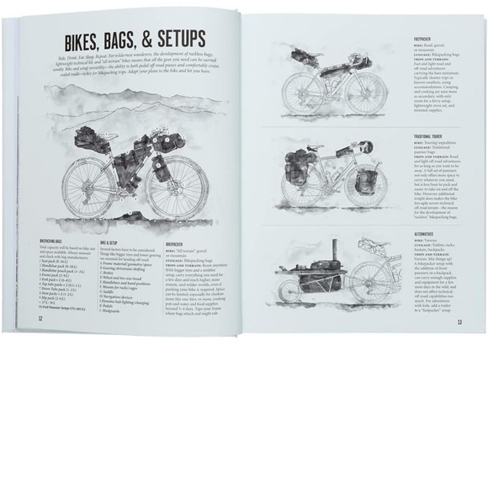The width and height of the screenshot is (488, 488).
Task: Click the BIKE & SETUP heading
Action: [x=113, y=241]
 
